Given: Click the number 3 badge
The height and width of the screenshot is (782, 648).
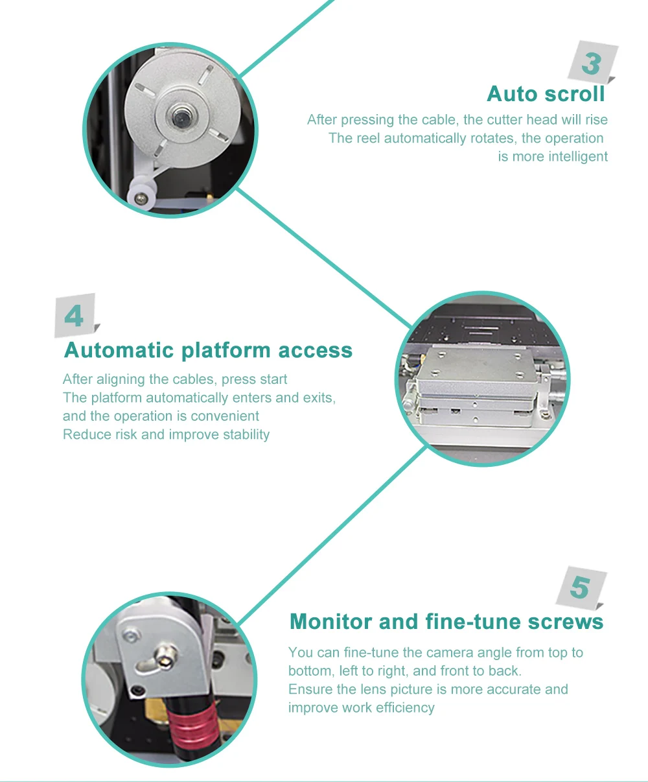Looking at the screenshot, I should [591, 64].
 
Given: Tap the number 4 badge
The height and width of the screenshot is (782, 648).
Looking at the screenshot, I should [75, 316].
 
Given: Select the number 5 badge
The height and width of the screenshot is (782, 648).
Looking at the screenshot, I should [579, 588].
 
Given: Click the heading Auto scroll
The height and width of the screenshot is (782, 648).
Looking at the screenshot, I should [546, 94].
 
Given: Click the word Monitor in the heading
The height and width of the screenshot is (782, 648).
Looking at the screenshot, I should [331, 622].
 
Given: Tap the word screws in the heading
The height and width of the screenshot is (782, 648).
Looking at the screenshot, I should [565, 622].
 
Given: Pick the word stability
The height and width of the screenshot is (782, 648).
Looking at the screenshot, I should [246, 434].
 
